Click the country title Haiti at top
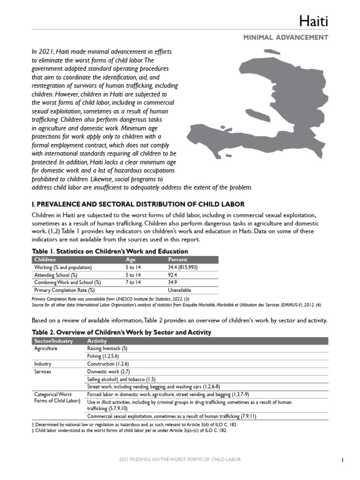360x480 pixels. (x=314, y=21)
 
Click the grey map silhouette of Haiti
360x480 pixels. (x=262, y=108)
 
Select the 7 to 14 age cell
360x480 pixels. (x=133, y=283)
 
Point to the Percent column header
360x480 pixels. (x=178, y=259)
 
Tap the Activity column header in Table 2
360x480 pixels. (x=97, y=341)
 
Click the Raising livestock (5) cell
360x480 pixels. (x=107, y=349)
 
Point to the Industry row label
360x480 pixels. (x=43, y=364)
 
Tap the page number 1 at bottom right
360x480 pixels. (x=343, y=460)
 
